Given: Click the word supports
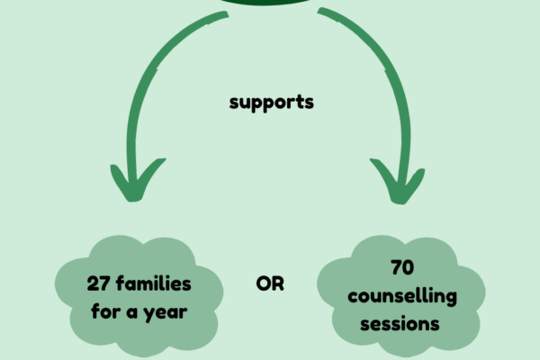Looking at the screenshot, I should tap(271, 103).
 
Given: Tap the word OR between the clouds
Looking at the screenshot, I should tap(270, 284).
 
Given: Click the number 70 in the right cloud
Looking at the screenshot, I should tap(402, 268).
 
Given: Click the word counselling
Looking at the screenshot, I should tap(402, 296).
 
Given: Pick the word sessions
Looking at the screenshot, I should tap(401, 323).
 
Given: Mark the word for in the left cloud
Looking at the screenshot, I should tap(105, 311).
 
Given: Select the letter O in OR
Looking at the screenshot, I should tap(263, 284).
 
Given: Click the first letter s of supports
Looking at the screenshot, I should tap(233, 103).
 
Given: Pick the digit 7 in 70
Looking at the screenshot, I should tap(396, 268).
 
